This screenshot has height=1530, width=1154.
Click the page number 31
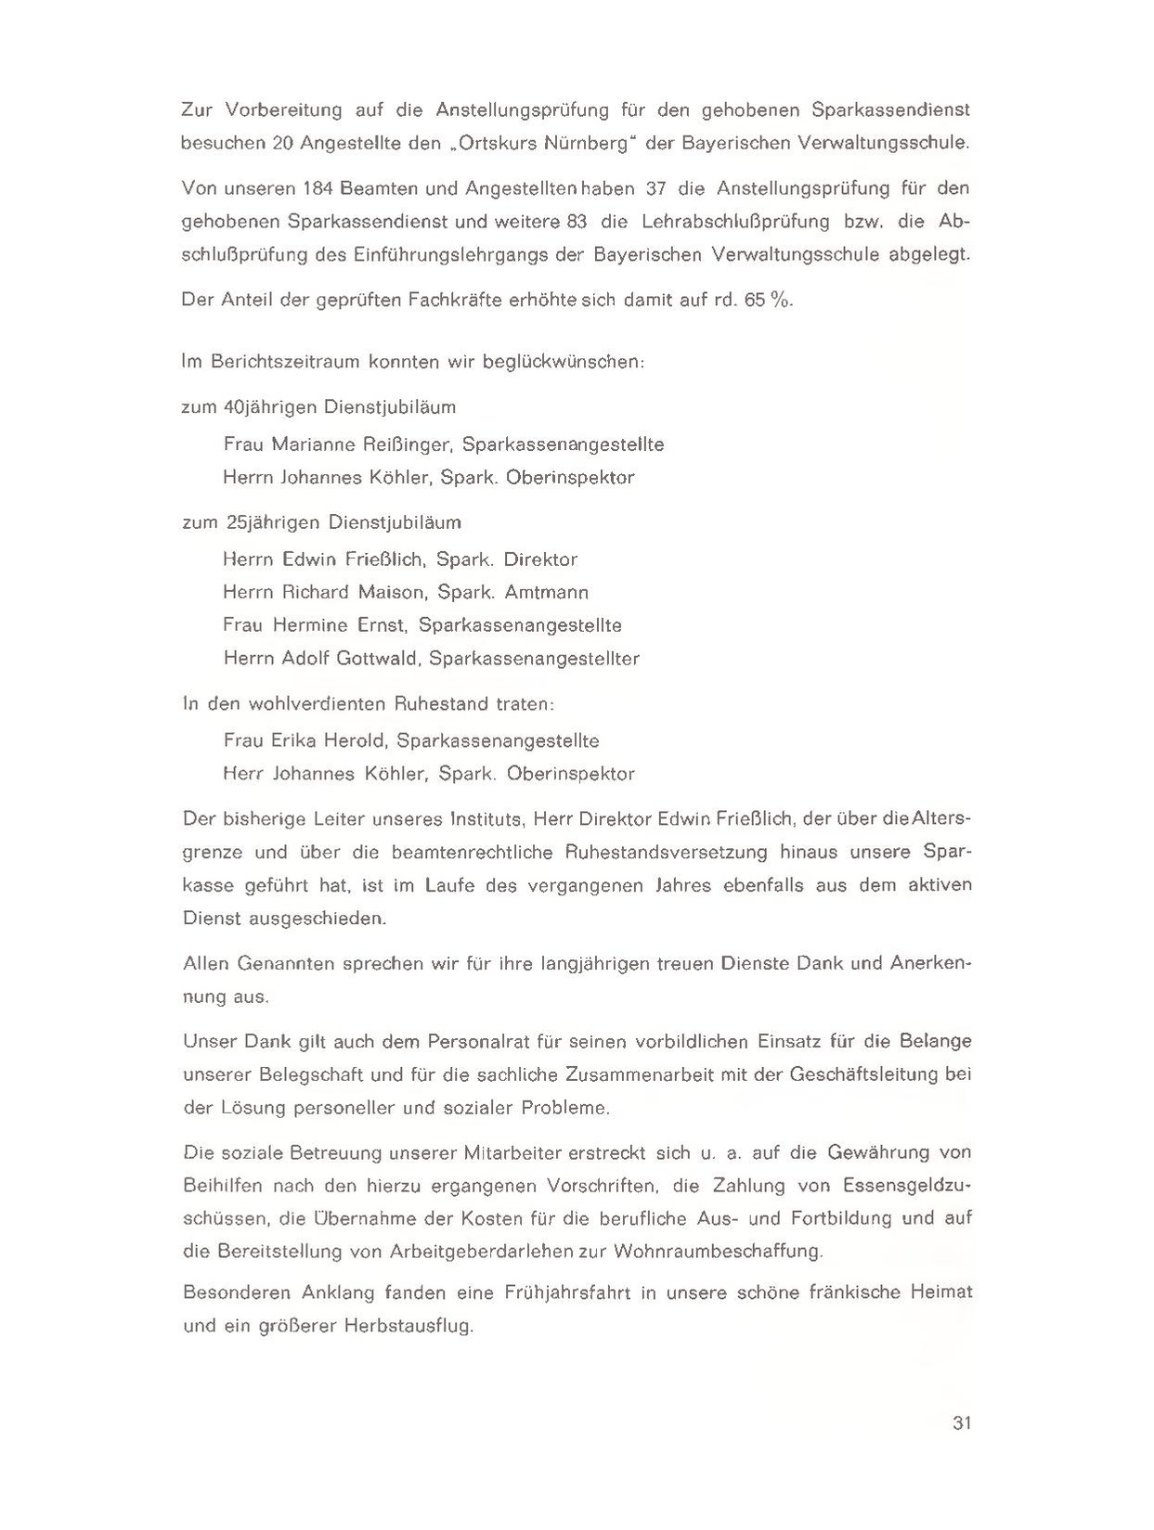tap(961, 1422)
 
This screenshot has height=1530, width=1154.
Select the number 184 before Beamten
tap(320, 189)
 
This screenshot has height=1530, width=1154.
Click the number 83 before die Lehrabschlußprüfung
tap(577, 222)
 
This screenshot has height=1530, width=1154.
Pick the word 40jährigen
tap(270, 407)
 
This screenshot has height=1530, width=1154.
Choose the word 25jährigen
tap(273, 522)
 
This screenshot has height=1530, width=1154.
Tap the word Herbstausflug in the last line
tap(408, 1326)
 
